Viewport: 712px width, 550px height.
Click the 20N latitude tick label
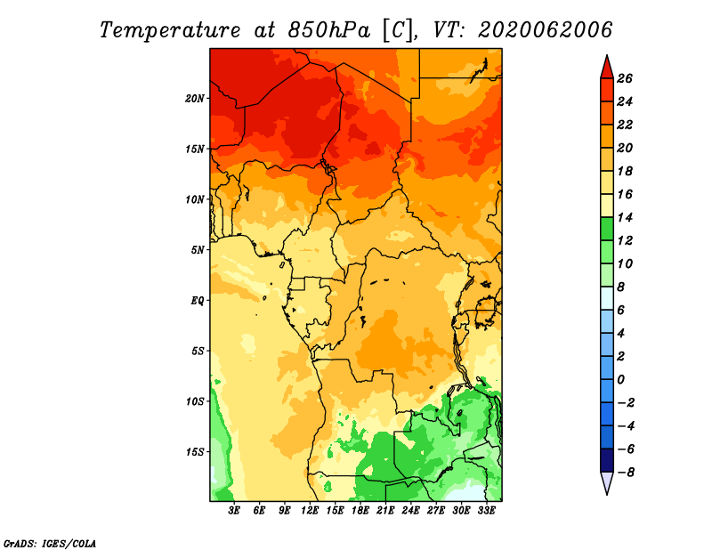coord(195,98)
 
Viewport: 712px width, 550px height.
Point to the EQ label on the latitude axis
coord(197,301)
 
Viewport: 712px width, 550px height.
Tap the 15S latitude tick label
coord(195,452)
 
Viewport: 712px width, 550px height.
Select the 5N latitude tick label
coord(198,250)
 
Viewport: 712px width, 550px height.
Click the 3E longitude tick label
coord(235,511)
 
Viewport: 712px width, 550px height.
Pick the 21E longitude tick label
coord(385,511)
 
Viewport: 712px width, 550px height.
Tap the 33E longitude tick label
coord(486,511)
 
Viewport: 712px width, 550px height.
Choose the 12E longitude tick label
coord(310,511)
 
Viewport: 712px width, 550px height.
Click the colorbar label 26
coord(625,78)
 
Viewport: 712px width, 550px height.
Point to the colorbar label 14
coord(625,217)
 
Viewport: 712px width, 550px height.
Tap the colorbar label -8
coord(625,473)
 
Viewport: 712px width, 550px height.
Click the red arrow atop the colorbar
coord(606,67)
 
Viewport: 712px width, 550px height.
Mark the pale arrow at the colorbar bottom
coord(606,483)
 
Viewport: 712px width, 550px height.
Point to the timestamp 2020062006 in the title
coord(546,29)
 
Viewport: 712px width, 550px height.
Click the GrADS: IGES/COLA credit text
coord(50,542)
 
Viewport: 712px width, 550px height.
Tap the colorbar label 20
coord(625,148)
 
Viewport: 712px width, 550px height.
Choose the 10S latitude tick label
coord(195,401)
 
